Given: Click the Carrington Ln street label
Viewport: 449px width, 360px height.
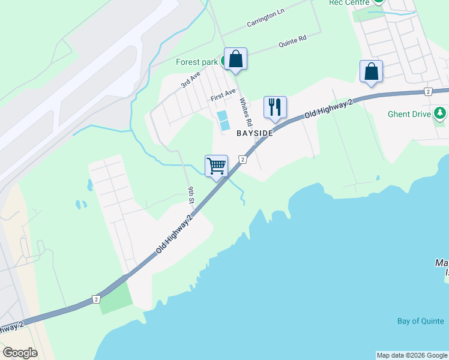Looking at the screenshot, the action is click(265, 19).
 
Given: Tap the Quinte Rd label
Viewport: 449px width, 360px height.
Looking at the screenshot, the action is click(292, 41).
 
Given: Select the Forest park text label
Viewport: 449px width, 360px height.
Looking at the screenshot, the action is click(196, 62).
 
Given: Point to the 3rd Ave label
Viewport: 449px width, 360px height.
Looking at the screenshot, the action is click(190, 81).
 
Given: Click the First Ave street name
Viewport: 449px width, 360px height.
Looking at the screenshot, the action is click(223, 95).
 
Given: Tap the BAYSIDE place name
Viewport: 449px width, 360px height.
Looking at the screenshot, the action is click(255, 133).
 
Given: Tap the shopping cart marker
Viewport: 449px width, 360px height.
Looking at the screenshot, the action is click(216, 166).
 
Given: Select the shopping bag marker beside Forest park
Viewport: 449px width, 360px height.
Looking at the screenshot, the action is click(235, 59).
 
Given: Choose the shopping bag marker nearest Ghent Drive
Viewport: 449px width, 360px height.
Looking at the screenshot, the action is click(372, 71).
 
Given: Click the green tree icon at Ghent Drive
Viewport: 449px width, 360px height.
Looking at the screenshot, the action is click(440, 113).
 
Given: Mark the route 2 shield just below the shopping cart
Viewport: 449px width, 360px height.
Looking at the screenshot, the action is click(243, 159).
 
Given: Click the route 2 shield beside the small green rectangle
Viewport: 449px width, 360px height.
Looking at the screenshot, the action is click(96, 299).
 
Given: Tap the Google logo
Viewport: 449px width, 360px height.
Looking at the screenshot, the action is click(20, 353).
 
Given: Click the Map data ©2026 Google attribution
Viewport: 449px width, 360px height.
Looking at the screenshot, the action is click(412, 355).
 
